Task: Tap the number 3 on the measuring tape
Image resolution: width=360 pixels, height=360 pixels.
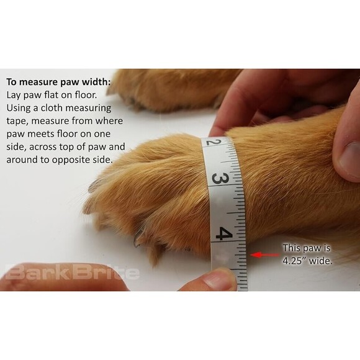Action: tap(218, 178)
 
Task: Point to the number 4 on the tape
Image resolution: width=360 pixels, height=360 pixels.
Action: tap(224, 235)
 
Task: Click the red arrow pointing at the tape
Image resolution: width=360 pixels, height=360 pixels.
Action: tap(263, 254)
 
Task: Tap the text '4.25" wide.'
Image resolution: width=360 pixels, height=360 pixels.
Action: tap(307, 261)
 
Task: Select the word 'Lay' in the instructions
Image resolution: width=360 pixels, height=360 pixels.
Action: tap(15, 94)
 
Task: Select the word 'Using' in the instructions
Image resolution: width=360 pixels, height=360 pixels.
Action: tap(20, 107)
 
